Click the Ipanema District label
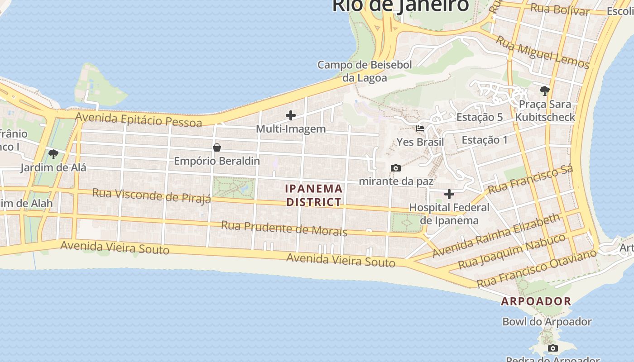(x=314, y=195)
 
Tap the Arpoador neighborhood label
(x=536, y=301)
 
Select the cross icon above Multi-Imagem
(x=291, y=115)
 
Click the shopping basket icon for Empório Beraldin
(x=217, y=147)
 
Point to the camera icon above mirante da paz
(x=396, y=168)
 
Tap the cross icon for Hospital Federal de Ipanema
(x=449, y=194)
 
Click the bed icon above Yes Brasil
(x=420, y=128)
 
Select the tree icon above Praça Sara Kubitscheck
(x=545, y=90)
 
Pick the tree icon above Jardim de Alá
(x=53, y=154)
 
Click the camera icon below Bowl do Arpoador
(x=552, y=348)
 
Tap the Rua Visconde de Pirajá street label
(x=151, y=195)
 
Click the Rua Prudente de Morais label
(x=284, y=229)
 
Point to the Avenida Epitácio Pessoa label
(x=139, y=119)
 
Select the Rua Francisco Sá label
(x=530, y=179)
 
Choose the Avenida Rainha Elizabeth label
(x=496, y=236)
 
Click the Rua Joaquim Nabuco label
(x=512, y=251)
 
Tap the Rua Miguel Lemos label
(x=542, y=52)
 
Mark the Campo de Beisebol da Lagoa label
(x=365, y=71)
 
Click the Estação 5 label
(x=479, y=117)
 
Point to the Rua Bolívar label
(x=559, y=9)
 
